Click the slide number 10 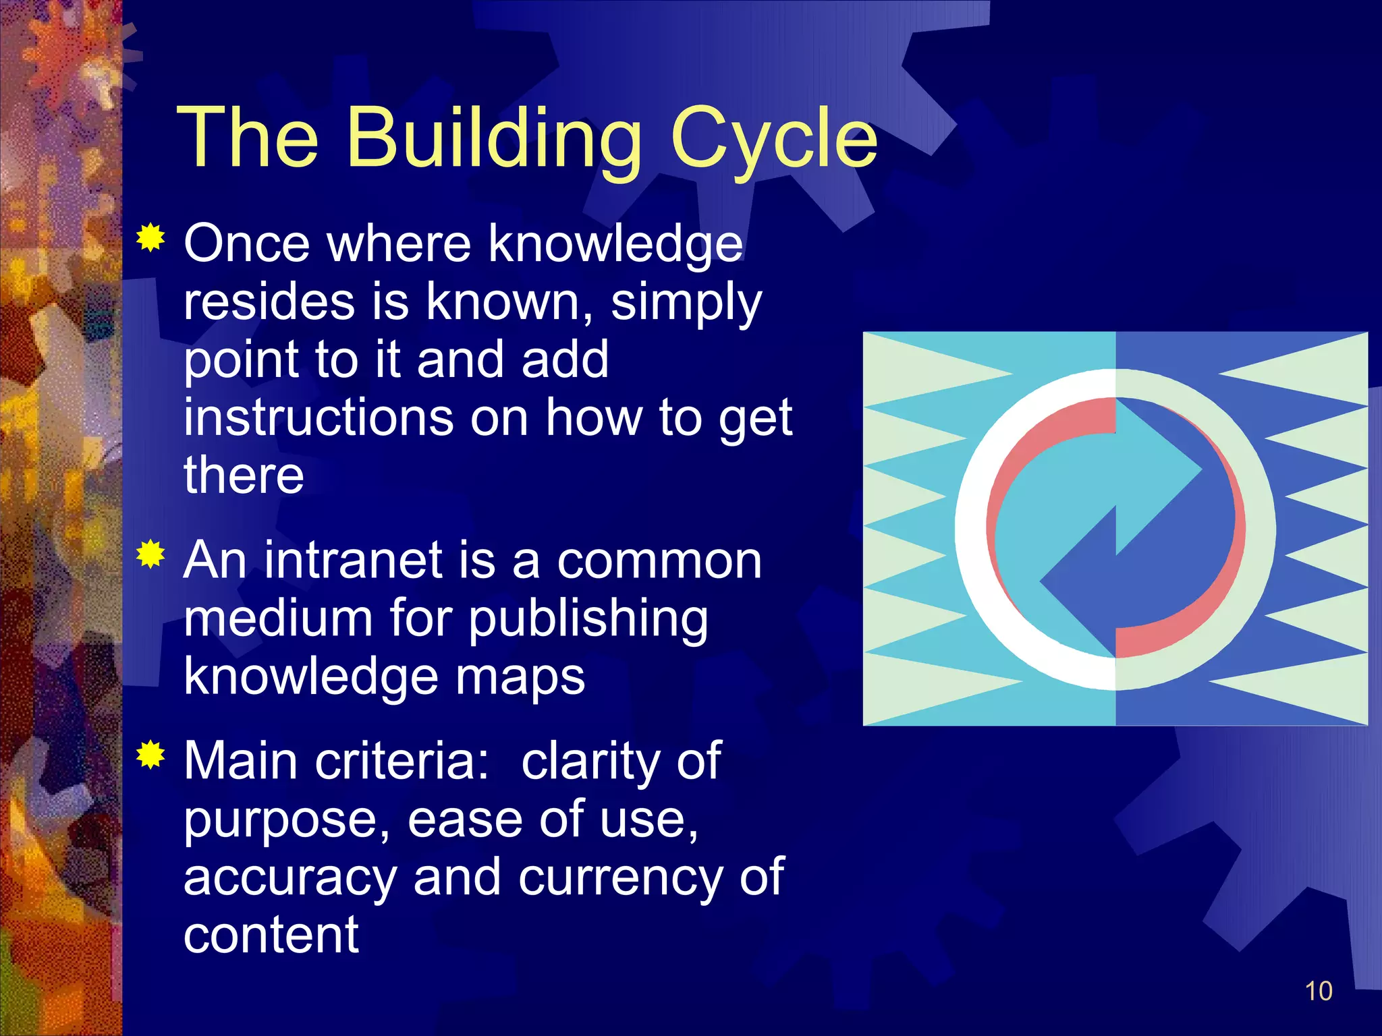point(1318,991)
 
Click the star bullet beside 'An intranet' point(150,554)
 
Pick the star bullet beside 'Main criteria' point(150,755)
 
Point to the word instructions point(319,418)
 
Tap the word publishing point(588,619)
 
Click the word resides point(269,301)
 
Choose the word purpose point(287,820)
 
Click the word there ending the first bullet point(244,475)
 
